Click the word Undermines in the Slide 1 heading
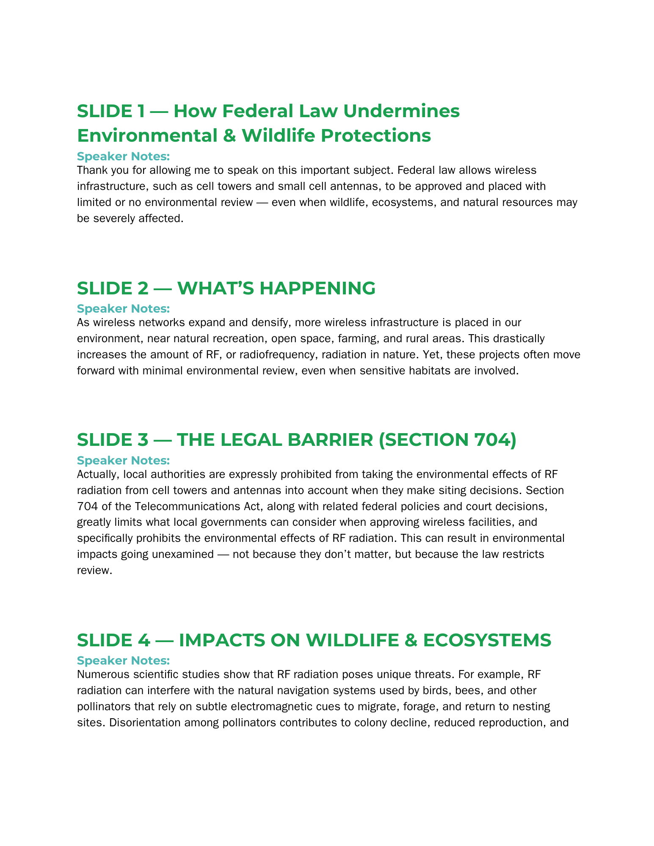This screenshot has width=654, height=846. pyautogui.click(x=401, y=111)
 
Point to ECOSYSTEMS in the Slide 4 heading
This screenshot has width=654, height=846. pyautogui.click(x=487, y=640)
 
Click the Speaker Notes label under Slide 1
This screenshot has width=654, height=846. pyautogui.click(x=123, y=157)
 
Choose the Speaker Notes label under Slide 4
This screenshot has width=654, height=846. pyautogui.click(x=123, y=660)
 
